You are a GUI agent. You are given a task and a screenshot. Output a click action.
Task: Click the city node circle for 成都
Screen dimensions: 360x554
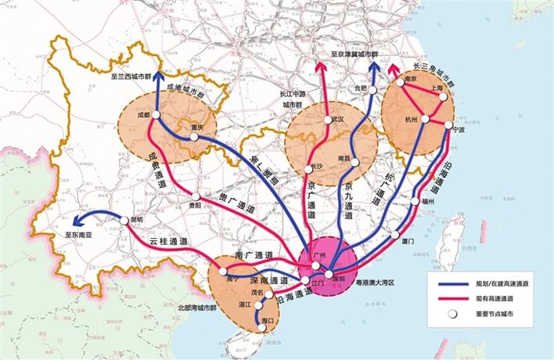tap(156, 115)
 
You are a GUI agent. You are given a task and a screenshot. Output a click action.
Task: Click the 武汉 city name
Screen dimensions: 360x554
tap(337, 120)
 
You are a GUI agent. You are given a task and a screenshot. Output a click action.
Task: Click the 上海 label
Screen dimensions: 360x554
tap(437, 88)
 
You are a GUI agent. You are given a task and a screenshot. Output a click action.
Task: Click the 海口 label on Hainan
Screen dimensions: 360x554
tap(268, 321)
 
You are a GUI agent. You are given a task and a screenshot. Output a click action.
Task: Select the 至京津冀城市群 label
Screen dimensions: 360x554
tap(360, 54)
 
